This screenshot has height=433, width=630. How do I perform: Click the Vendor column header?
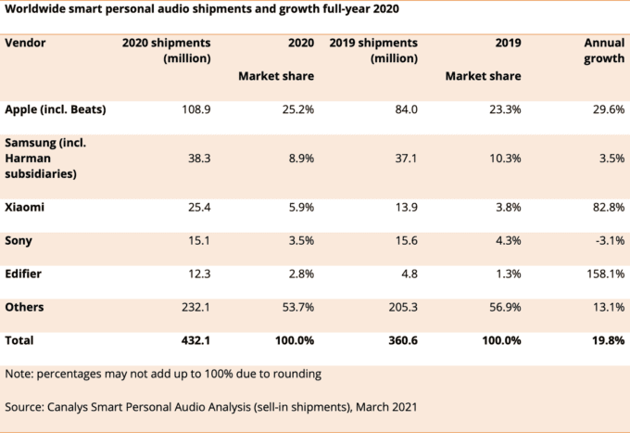[25, 43]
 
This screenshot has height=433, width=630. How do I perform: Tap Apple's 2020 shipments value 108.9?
[193, 109]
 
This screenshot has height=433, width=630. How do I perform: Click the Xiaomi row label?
[26, 208]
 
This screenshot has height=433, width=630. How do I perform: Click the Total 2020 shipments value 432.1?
[193, 341]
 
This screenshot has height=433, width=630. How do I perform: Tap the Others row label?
[25, 307]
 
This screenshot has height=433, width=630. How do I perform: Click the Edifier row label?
[26, 274]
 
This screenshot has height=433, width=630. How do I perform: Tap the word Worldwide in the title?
[36, 8]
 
